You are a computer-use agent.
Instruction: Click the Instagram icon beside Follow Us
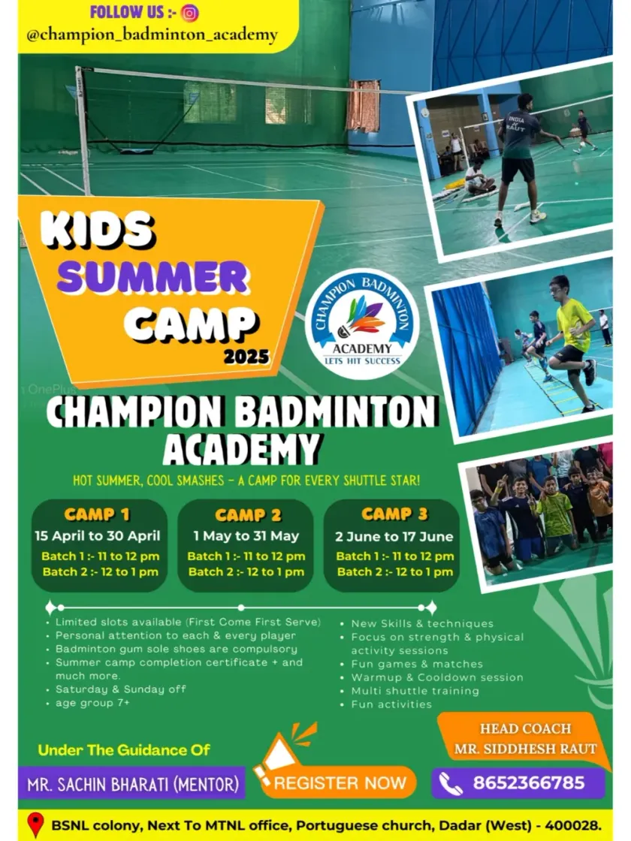click(189, 13)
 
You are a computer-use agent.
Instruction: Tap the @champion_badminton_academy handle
click(152, 35)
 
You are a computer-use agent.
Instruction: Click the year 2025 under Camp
click(246, 357)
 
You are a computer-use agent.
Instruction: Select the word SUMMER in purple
click(153, 277)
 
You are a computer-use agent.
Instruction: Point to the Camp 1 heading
click(97, 514)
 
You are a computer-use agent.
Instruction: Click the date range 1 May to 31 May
click(246, 536)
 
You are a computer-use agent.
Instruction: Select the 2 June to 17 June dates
click(394, 536)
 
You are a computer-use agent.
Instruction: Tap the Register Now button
click(340, 783)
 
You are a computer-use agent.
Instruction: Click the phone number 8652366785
click(529, 782)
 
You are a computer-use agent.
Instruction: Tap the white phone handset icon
click(450, 784)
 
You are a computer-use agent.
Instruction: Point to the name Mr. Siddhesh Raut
click(525, 749)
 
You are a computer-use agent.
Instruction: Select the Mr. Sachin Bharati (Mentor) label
click(133, 784)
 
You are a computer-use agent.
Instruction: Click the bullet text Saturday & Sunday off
click(121, 689)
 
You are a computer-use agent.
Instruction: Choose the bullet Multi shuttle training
click(415, 691)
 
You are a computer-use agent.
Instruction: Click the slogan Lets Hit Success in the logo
click(363, 361)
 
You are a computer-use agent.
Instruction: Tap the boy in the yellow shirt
click(572, 339)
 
